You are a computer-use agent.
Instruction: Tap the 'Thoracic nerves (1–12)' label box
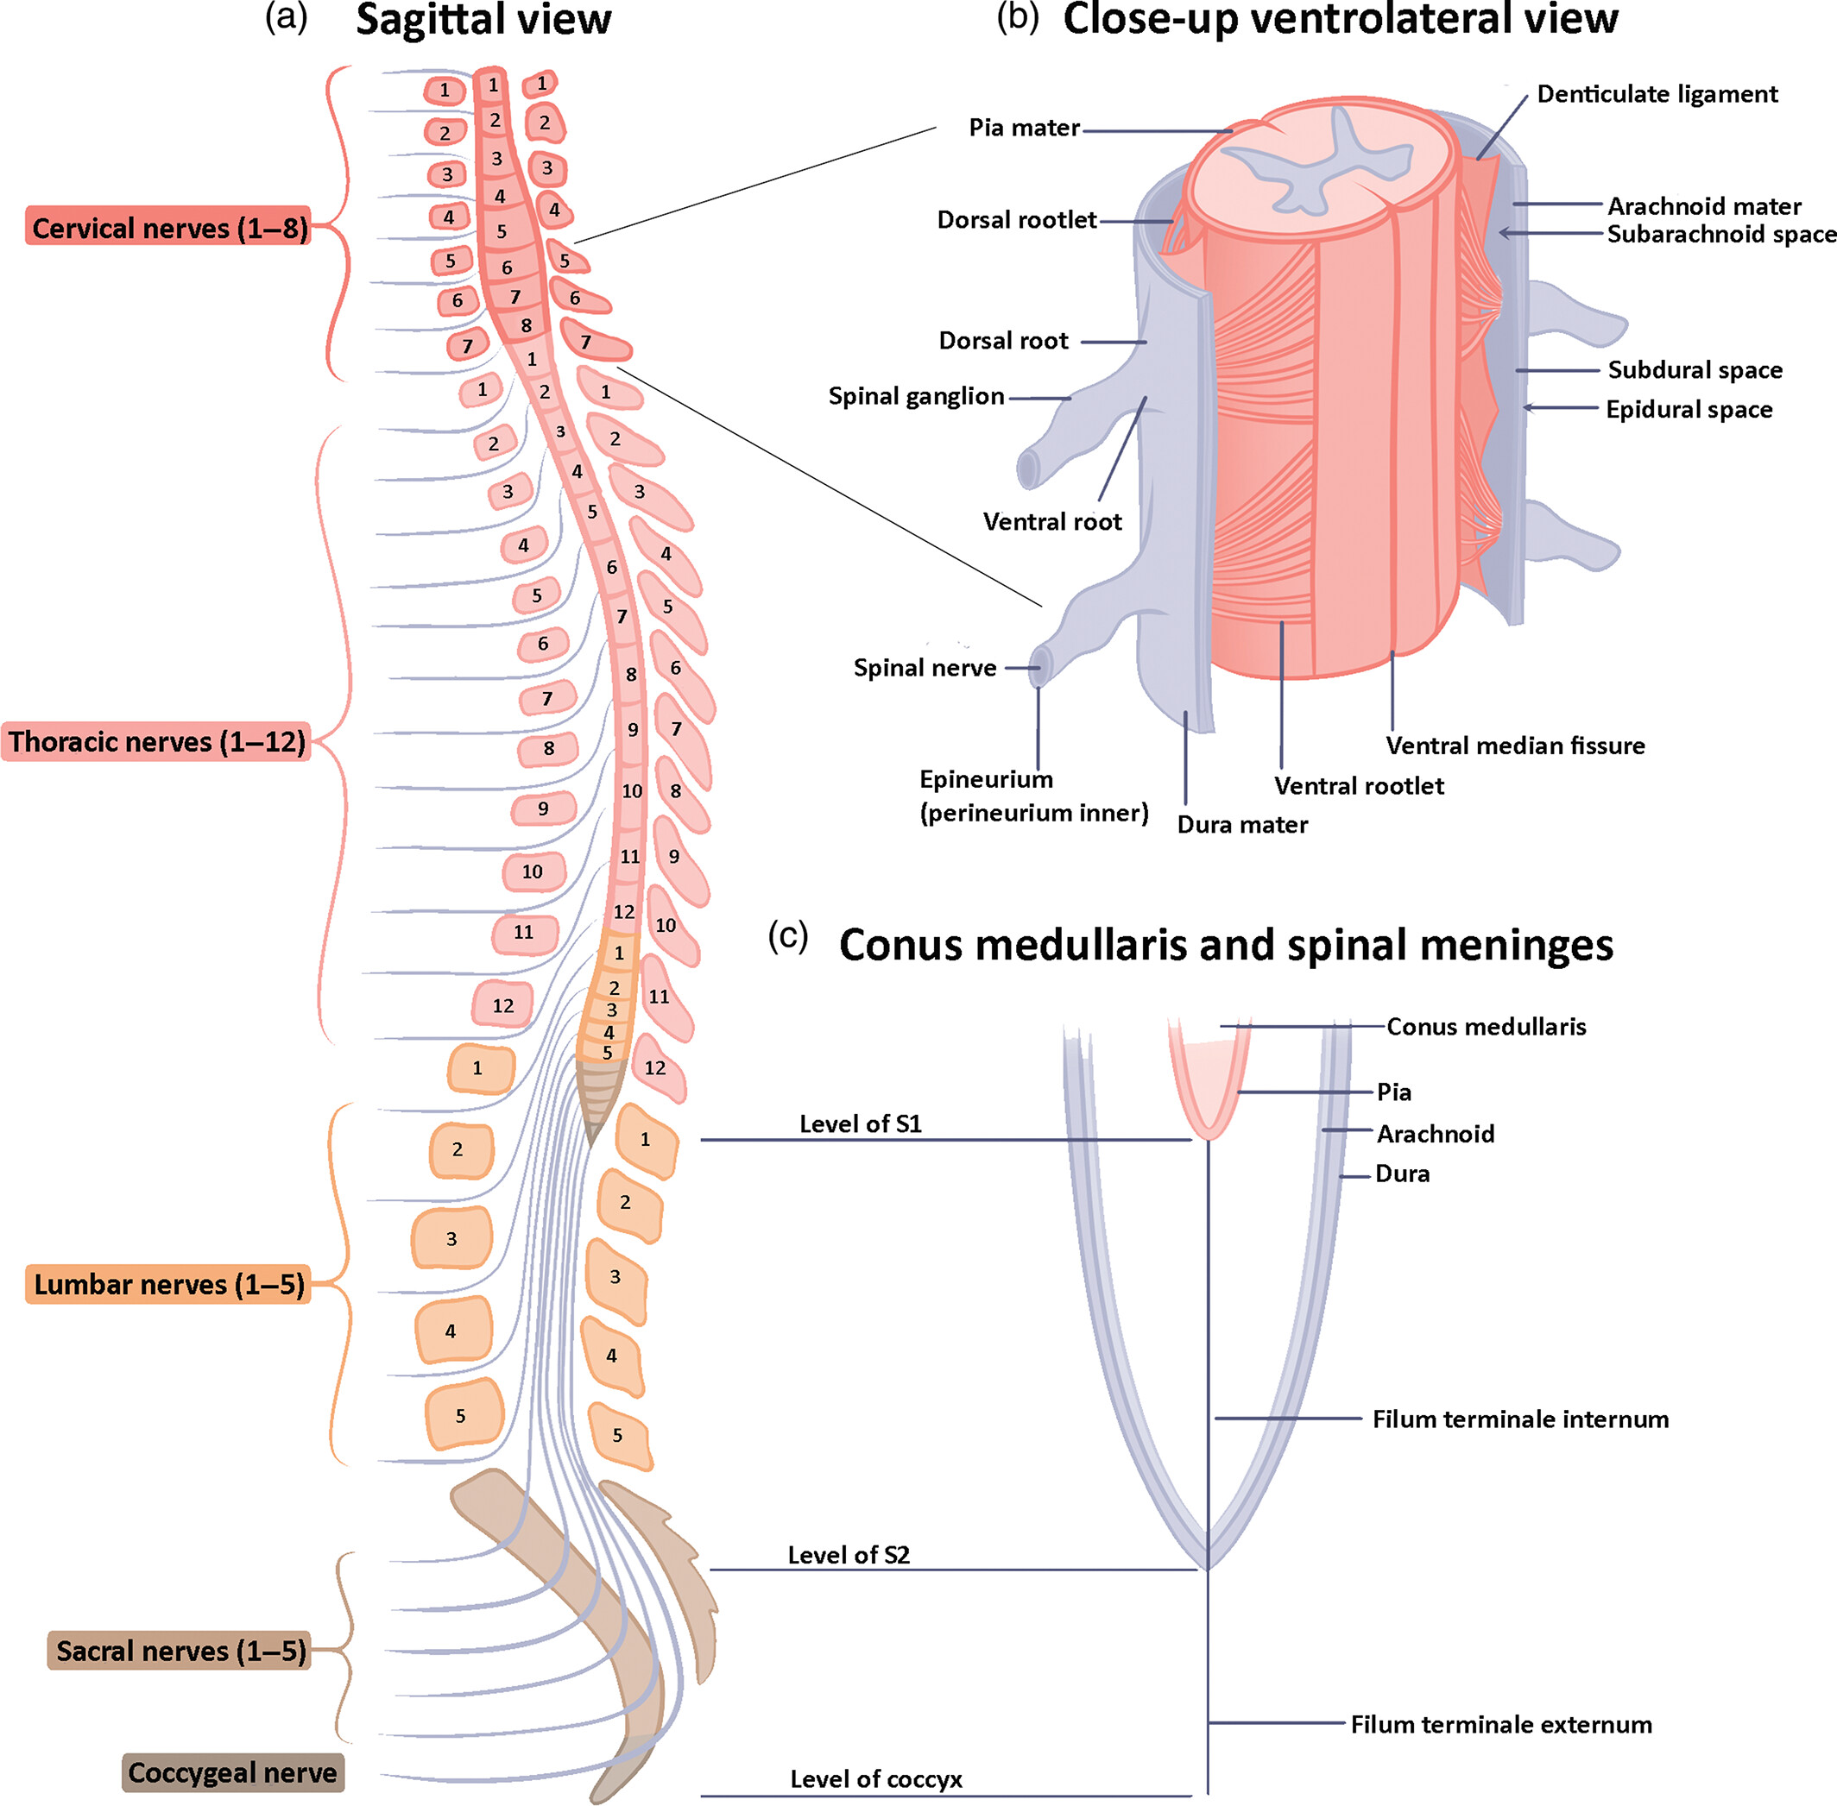pos(157,741)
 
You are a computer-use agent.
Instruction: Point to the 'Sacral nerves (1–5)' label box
pos(180,1651)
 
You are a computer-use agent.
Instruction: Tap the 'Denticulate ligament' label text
pos(1657,94)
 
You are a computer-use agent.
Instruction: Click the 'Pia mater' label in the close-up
pos(1024,127)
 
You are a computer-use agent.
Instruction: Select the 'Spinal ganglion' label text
pos(916,395)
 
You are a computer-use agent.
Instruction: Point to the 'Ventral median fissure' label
pos(1514,746)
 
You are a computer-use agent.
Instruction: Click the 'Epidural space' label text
pos(1689,409)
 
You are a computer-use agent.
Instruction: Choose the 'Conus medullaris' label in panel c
pos(1486,1026)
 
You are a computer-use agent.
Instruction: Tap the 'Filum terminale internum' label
pos(1520,1419)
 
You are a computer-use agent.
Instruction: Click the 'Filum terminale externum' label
pos(1501,1724)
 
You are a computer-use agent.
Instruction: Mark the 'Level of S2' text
pos(849,1555)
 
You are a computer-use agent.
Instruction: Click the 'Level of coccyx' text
pos(876,1779)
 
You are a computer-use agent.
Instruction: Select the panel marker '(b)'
pos(1017,17)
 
